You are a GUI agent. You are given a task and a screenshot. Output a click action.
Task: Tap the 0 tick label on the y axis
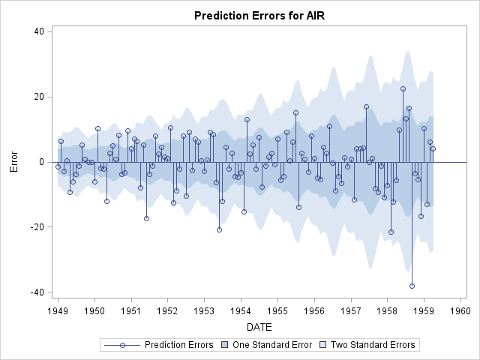pos(43,162)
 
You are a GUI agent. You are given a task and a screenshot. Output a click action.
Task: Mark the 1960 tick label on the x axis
pos(460,310)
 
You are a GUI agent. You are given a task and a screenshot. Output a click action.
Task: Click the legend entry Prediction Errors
pos(178,345)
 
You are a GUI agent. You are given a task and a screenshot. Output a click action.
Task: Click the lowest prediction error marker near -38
pos(412,286)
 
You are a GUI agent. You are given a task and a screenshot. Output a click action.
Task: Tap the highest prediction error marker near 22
pos(403,88)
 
